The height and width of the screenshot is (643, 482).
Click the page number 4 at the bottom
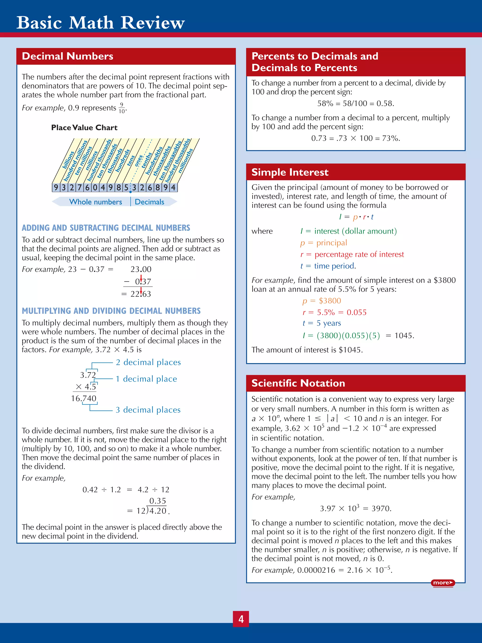point(241,619)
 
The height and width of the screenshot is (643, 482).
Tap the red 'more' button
point(443,583)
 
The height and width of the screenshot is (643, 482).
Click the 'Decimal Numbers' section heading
point(67,56)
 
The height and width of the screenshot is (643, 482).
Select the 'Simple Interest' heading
point(290,172)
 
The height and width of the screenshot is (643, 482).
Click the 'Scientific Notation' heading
point(298,383)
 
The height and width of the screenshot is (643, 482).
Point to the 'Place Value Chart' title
point(84,128)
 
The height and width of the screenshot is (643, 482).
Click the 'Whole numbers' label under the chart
point(95,202)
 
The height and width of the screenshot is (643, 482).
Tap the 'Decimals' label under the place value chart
point(149,202)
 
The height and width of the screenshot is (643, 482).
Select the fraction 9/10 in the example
point(122,108)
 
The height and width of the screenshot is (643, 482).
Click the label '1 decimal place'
point(146,379)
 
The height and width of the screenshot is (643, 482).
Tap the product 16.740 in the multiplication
point(84,398)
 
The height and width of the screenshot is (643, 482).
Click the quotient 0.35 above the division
point(157,501)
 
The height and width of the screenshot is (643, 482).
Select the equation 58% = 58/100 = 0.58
point(356,103)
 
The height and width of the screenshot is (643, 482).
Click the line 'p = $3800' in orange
point(322,301)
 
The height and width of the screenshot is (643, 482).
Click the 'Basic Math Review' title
point(100,22)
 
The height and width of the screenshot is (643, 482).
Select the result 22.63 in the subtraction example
point(141,294)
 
